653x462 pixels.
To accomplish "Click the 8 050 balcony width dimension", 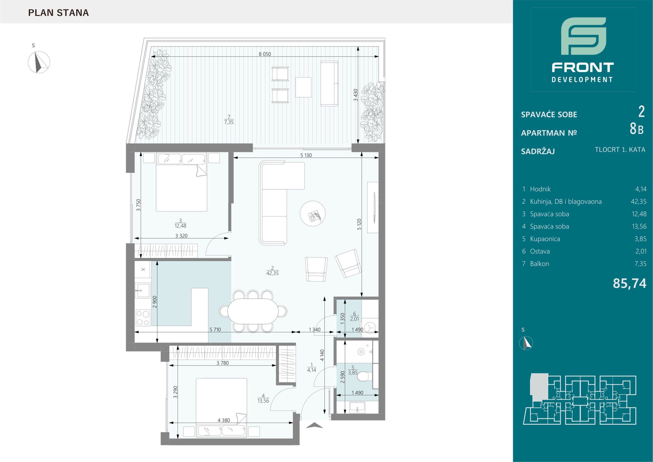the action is pyautogui.click(x=265, y=54).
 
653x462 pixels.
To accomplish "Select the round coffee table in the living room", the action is pyautogui.click(x=313, y=213).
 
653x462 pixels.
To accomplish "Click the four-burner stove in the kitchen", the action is pyautogui.click(x=143, y=318).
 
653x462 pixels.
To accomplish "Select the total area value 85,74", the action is pyautogui.click(x=629, y=284).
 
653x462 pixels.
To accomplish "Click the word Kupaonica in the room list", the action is pyautogui.click(x=545, y=239).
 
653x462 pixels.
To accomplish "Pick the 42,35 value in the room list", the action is pyautogui.click(x=638, y=202).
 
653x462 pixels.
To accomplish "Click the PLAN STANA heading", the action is pyautogui.click(x=59, y=13).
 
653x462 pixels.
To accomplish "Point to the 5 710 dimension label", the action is pyautogui.click(x=215, y=330).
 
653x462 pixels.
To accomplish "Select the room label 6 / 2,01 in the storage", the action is pyautogui.click(x=354, y=316).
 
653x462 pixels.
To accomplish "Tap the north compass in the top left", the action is pyautogui.click(x=39, y=62).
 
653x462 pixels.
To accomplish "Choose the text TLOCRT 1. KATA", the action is pyautogui.click(x=620, y=150).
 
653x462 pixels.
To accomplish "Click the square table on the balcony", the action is pyautogui.click(x=303, y=87).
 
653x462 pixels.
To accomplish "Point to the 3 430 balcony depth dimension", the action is pyautogui.click(x=355, y=95).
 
